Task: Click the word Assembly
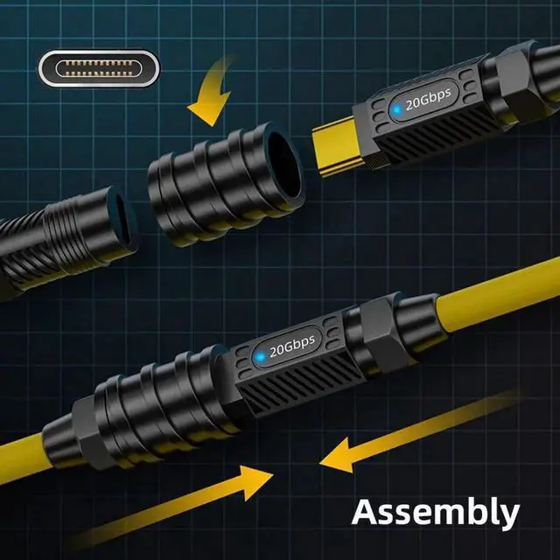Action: click(x=436, y=513)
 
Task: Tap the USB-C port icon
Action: click(x=99, y=68)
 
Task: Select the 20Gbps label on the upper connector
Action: click(x=428, y=99)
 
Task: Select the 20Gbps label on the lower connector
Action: click(x=292, y=346)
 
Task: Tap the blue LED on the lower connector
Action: click(x=260, y=357)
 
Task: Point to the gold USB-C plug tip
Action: click(x=336, y=146)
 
